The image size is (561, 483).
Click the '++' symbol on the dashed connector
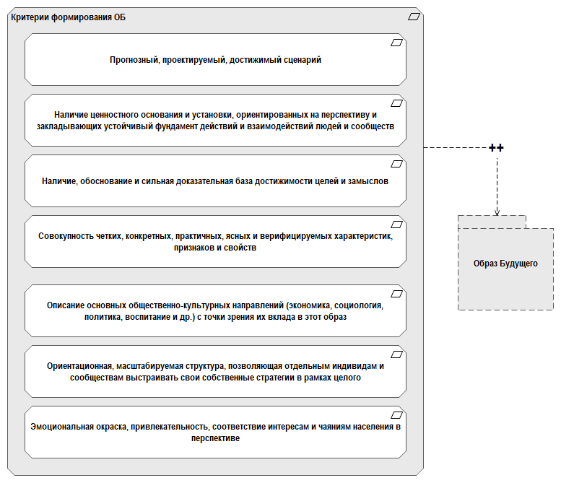pyautogui.click(x=496, y=148)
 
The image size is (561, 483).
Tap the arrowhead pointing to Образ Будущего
pyautogui.click(x=497, y=212)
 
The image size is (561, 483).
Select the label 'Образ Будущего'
pyautogui.click(x=505, y=264)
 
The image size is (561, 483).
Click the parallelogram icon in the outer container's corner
pyautogui.click(x=414, y=16)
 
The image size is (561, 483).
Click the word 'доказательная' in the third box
pyautogui.click(x=227, y=181)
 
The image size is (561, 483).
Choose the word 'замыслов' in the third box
pyautogui.click(x=370, y=181)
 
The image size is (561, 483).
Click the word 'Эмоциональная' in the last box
pyautogui.click(x=62, y=426)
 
